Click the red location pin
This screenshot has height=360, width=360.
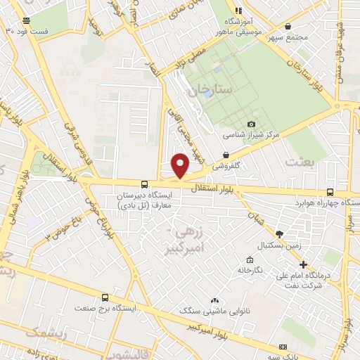[181, 165]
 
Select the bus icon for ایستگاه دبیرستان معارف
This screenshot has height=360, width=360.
[144, 183]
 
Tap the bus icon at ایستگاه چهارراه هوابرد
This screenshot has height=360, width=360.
[330, 191]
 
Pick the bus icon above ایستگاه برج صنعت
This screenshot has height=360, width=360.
[105, 298]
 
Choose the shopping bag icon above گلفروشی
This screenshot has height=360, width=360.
[226, 155]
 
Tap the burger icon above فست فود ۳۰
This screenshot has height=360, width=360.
[27, 21]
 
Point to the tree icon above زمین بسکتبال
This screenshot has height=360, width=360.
[279, 234]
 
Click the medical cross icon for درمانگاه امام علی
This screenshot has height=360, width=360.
[303, 265]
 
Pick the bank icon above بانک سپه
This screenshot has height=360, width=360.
[283, 347]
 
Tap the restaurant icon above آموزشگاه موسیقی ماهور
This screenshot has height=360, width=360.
[238, 11]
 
